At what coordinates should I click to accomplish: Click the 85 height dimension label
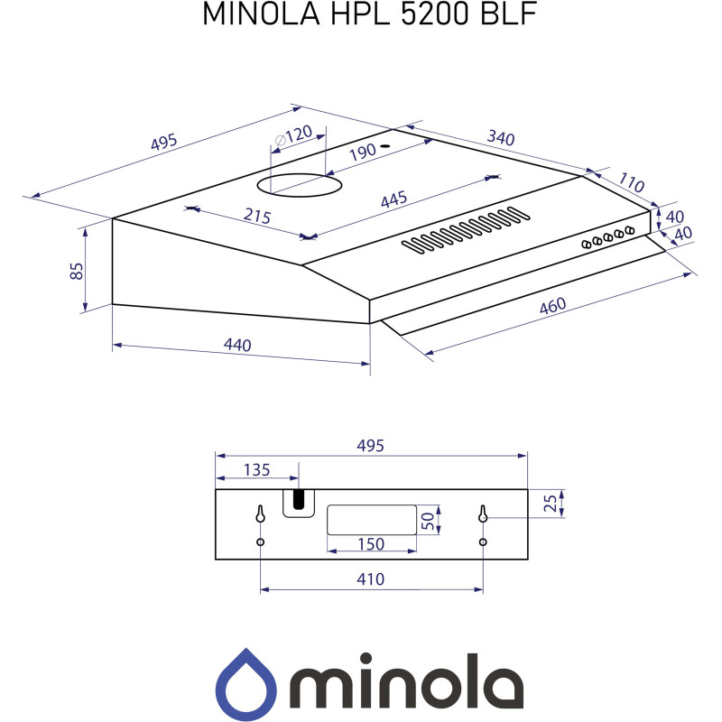[x=78, y=271]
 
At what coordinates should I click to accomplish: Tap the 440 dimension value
[x=237, y=345]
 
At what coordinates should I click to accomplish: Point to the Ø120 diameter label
[x=293, y=136]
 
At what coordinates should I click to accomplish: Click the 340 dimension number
[x=501, y=139]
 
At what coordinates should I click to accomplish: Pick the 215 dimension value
[x=257, y=217]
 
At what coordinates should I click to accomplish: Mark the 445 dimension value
[x=393, y=199]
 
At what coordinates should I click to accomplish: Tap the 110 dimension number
[x=631, y=184]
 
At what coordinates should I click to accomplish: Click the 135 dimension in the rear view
[x=257, y=469]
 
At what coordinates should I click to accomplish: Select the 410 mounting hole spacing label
[x=371, y=579]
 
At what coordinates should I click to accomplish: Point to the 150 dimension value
[x=371, y=543]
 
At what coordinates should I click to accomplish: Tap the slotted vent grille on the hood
[x=465, y=229]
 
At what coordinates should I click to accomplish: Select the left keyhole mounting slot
[x=260, y=514]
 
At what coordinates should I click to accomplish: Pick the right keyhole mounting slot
[x=483, y=514]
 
